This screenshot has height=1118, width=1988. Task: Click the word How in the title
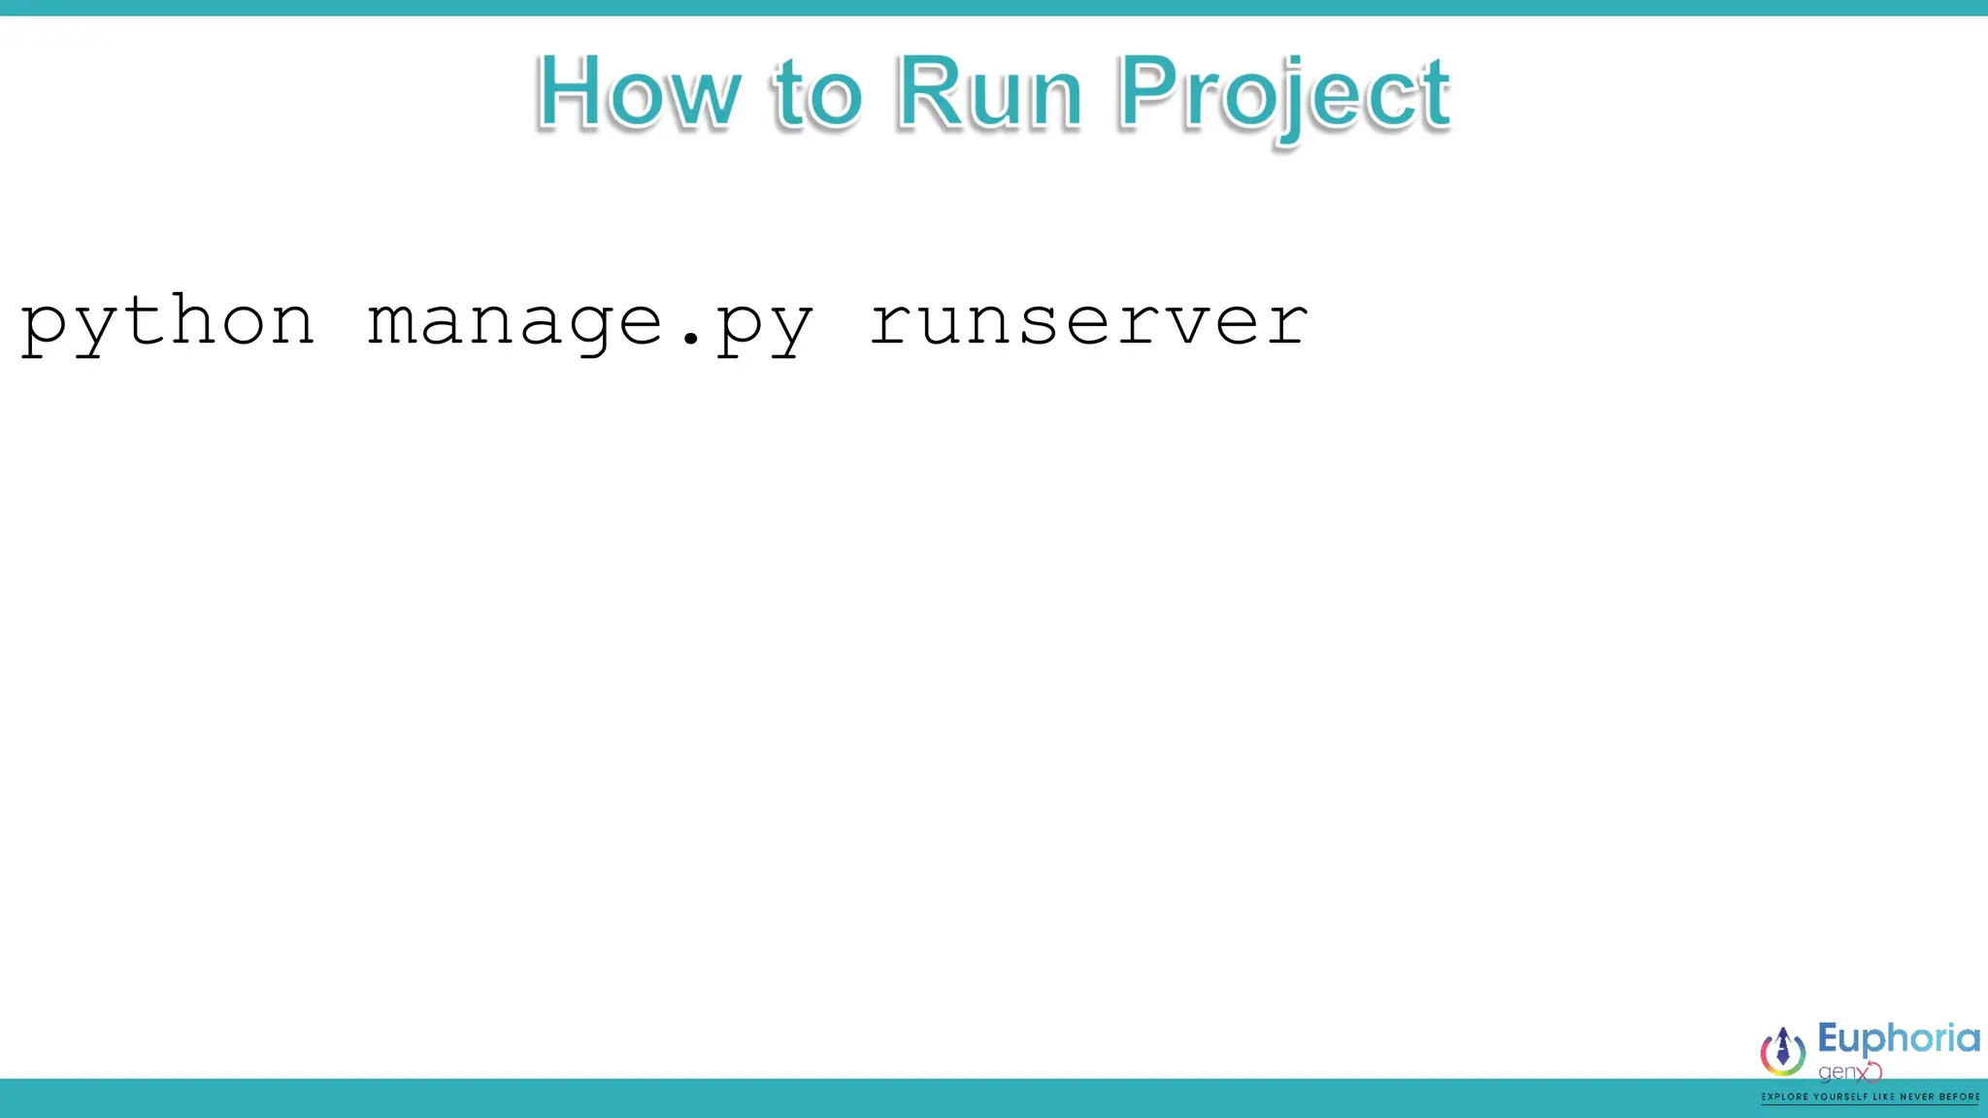(x=638, y=93)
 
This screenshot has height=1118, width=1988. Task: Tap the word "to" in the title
(x=817, y=95)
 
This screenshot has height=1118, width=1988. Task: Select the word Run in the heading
(x=989, y=93)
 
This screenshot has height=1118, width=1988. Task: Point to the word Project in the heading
(x=1283, y=95)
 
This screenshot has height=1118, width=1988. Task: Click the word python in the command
(x=168, y=323)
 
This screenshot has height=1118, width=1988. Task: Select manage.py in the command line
(x=590, y=323)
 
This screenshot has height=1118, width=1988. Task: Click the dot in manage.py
(x=690, y=339)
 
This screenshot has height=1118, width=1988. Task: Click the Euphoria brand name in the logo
(x=1898, y=1039)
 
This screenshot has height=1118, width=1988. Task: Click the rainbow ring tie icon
(x=1783, y=1052)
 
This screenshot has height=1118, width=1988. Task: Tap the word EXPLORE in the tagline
(x=1785, y=1098)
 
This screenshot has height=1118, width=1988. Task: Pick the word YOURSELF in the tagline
(x=1840, y=1098)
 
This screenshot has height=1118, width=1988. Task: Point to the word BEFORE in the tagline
(x=1960, y=1098)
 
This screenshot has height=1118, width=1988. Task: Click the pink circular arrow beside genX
(x=1873, y=1071)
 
